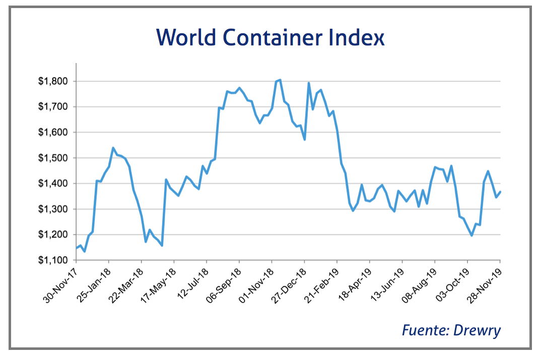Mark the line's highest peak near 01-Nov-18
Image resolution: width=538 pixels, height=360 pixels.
click(280, 80)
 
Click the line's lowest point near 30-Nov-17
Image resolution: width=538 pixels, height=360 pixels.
click(84, 251)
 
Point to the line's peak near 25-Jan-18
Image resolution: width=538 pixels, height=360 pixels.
click(113, 148)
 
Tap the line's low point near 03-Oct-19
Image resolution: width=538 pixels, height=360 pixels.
click(472, 235)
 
